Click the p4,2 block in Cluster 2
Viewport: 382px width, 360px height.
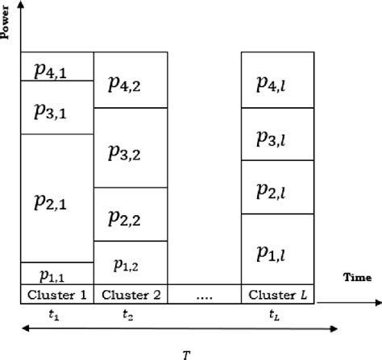(131, 80)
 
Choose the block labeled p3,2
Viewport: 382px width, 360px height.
(131, 147)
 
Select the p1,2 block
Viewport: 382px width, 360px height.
(131, 263)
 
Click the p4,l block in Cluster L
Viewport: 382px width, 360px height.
(276, 80)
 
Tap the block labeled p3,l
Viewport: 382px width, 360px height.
(276, 134)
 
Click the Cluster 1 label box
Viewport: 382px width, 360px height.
(57, 293)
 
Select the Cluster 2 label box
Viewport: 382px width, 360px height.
(131, 293)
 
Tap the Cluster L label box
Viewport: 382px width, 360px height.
(276, 293)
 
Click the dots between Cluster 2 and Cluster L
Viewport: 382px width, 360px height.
(204, 295)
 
